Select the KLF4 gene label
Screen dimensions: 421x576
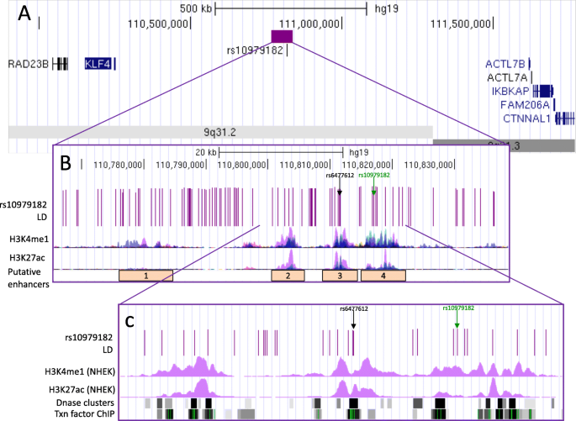(x=98, y=64)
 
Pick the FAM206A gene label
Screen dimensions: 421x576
(x=523, y=105)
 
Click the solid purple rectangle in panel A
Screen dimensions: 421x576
(x=282, y=35)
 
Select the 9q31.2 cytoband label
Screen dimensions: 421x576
(x=219, y=132)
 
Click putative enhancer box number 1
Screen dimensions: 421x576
(x=145, y=275)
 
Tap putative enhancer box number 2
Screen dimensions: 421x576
(x=288, y=275)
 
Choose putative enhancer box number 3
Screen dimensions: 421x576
(x=340, y=275)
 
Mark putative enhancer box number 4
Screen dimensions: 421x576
(x=383, y=275)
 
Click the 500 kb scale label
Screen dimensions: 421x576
(x=197, y=8)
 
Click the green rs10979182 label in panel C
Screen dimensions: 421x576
(x=457, y=308)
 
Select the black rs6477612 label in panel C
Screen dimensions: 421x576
(x=354, y=308)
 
